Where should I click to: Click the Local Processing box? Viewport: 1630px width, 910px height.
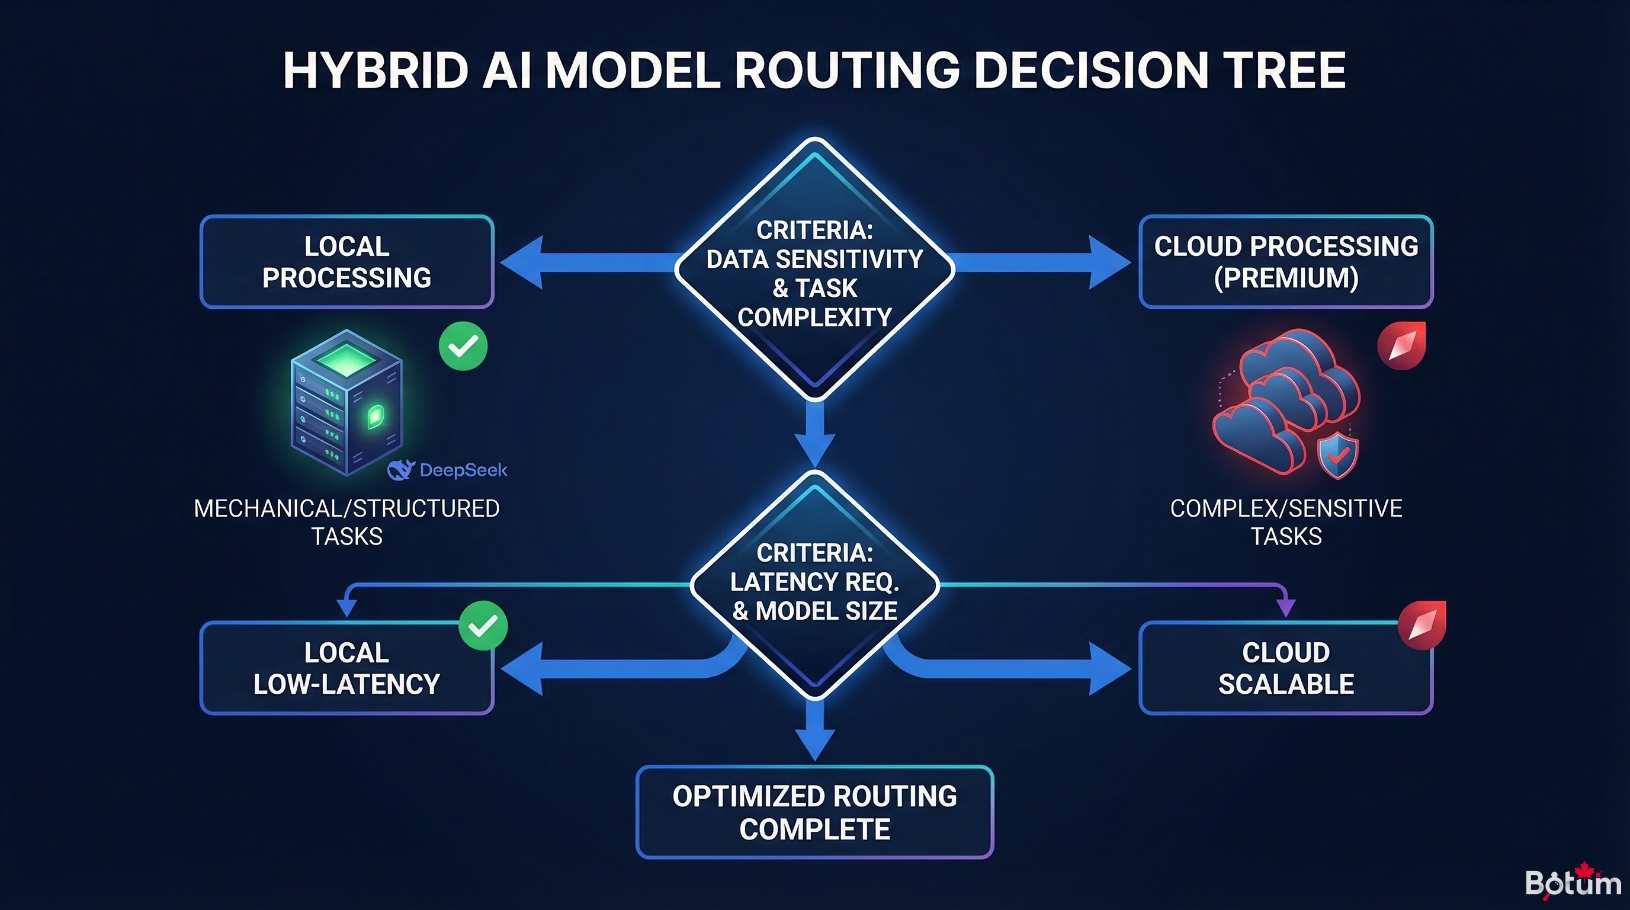coord(346,262)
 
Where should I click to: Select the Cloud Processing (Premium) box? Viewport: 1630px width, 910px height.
coord(1286,262)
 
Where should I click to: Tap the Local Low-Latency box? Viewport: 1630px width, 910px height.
coord(346,668)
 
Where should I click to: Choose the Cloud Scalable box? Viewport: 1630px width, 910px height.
coord(1286,668)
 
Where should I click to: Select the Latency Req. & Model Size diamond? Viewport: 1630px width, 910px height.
coord(814,584)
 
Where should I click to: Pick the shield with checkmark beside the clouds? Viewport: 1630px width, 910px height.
coord(1337,456)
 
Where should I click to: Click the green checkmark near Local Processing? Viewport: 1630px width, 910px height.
coord(463,346)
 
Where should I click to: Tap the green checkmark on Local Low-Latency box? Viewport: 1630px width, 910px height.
coord(483,625)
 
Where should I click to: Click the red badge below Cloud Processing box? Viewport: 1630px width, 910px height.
coord(1401,345)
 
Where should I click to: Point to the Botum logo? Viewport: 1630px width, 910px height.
coord(1572,882)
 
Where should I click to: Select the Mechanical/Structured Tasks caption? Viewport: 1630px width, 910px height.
coord(346,522)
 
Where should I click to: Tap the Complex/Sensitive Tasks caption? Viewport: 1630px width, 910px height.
coord(1286,522)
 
